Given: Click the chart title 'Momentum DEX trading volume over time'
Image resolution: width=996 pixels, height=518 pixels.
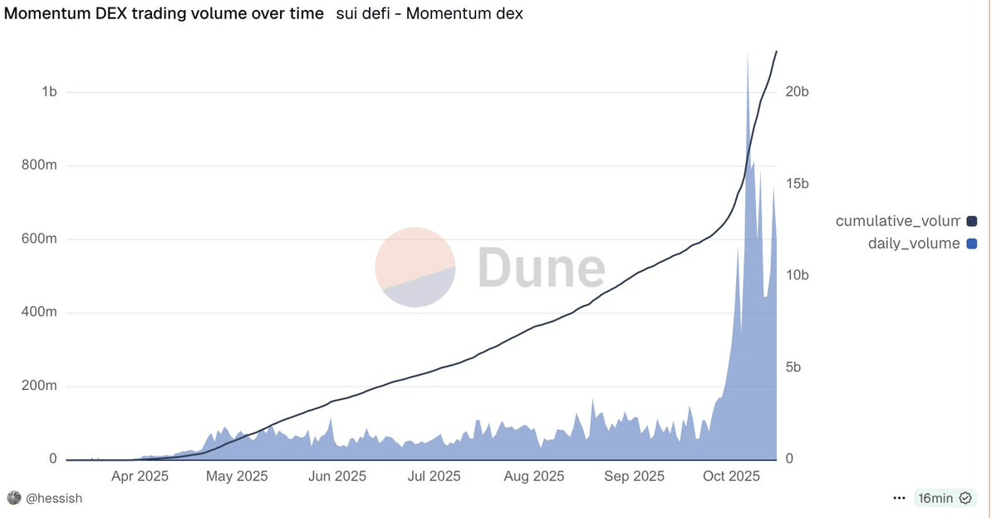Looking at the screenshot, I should click(164, 14).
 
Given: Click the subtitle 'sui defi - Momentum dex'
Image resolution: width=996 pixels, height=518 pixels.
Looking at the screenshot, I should click(429, 14).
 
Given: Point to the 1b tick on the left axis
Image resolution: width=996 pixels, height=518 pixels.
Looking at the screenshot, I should click(49, 91).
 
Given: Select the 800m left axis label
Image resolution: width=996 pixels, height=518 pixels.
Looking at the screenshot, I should click(40, 165).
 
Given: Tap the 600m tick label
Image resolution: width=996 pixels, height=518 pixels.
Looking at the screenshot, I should click(40, 239).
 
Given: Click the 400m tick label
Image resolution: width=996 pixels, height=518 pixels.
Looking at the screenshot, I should click(40, 313).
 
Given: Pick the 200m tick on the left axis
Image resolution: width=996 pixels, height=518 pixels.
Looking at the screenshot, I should click(40, 387).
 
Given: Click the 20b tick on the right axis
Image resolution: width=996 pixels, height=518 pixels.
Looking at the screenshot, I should click(797, 91).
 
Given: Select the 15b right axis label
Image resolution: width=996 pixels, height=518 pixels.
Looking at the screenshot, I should click(797, 184).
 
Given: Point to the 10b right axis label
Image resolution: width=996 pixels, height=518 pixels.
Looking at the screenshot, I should click(797, 275).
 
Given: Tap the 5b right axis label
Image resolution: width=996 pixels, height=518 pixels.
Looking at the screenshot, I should click(793, 368).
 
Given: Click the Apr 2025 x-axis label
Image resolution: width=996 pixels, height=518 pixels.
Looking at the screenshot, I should click(140, 476).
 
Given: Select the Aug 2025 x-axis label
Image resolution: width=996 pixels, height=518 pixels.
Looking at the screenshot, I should click(534, 476).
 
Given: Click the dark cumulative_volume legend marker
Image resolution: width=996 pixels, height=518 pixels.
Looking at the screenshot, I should click(972, 221).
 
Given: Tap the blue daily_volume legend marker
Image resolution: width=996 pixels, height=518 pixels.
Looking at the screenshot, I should click(972, 244).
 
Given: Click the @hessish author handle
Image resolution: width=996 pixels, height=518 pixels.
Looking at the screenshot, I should click(55, 498).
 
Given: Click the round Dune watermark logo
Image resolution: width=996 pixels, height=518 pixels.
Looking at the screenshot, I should click(415, 267).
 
